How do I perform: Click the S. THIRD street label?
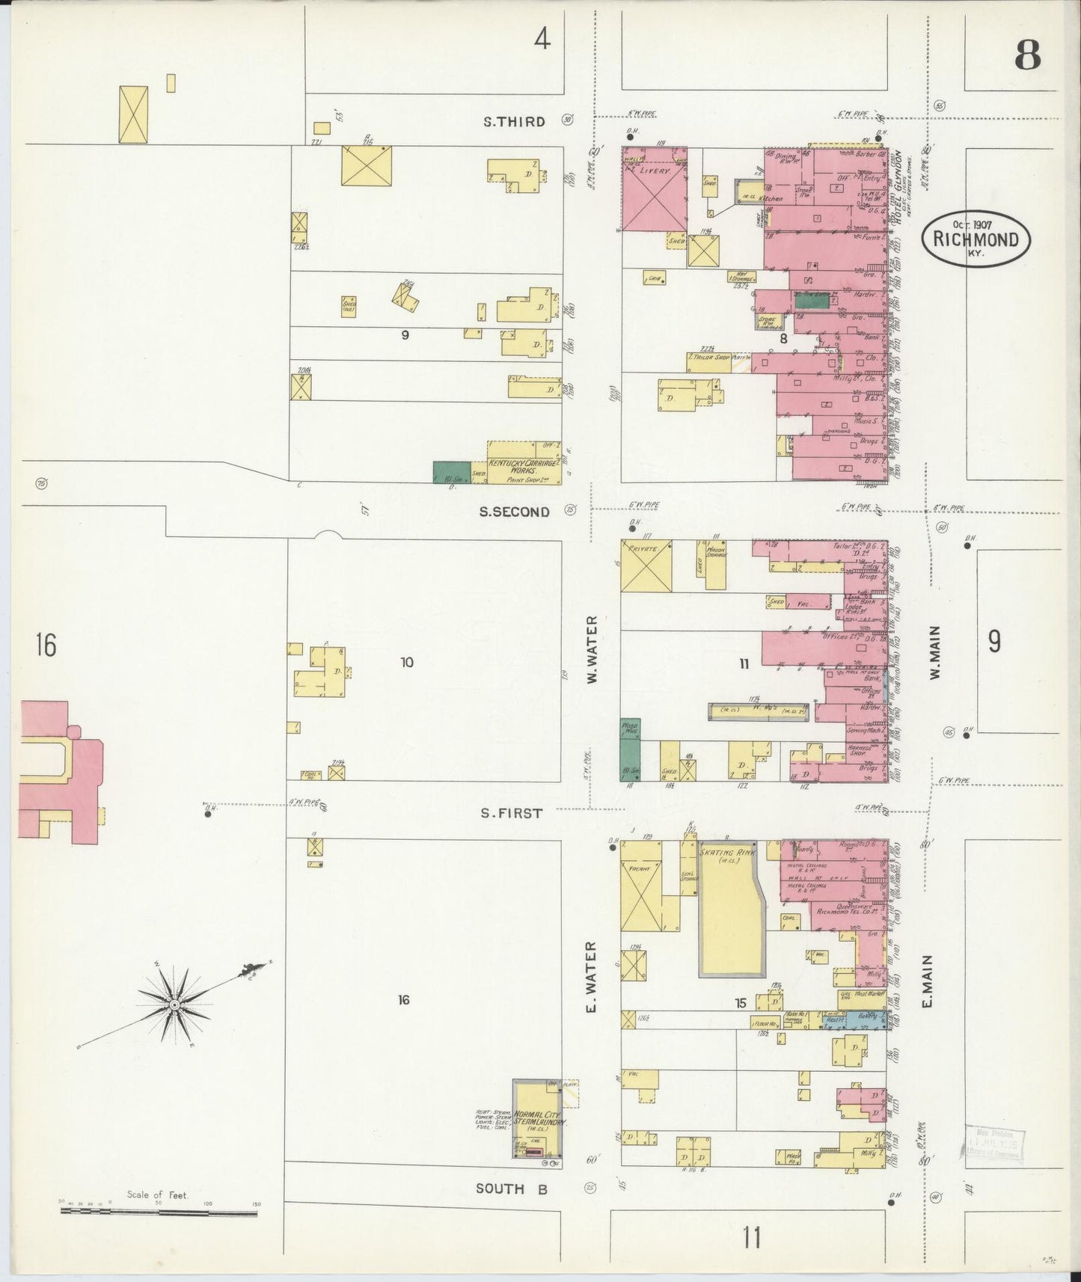point(514,121)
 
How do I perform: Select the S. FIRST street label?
point(512,813)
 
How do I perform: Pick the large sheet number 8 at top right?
point(1028,55)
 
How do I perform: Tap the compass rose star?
point(174,1004)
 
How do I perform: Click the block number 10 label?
point(406,662)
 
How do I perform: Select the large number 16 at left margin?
point(45,644)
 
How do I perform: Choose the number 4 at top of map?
point(542,40)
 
